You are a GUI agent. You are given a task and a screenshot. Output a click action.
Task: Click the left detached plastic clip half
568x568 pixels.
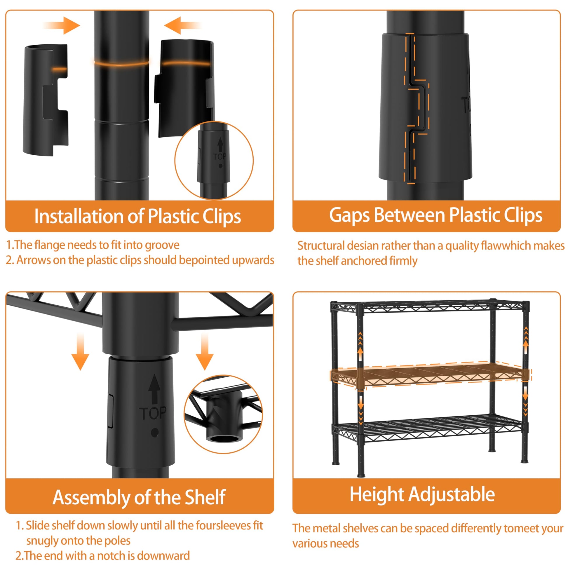(x=46, y=100)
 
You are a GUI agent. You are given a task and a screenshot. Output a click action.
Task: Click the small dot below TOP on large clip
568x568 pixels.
(x=155, y=433)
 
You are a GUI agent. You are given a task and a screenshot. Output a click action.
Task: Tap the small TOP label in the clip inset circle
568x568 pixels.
(x=219, y=157)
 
